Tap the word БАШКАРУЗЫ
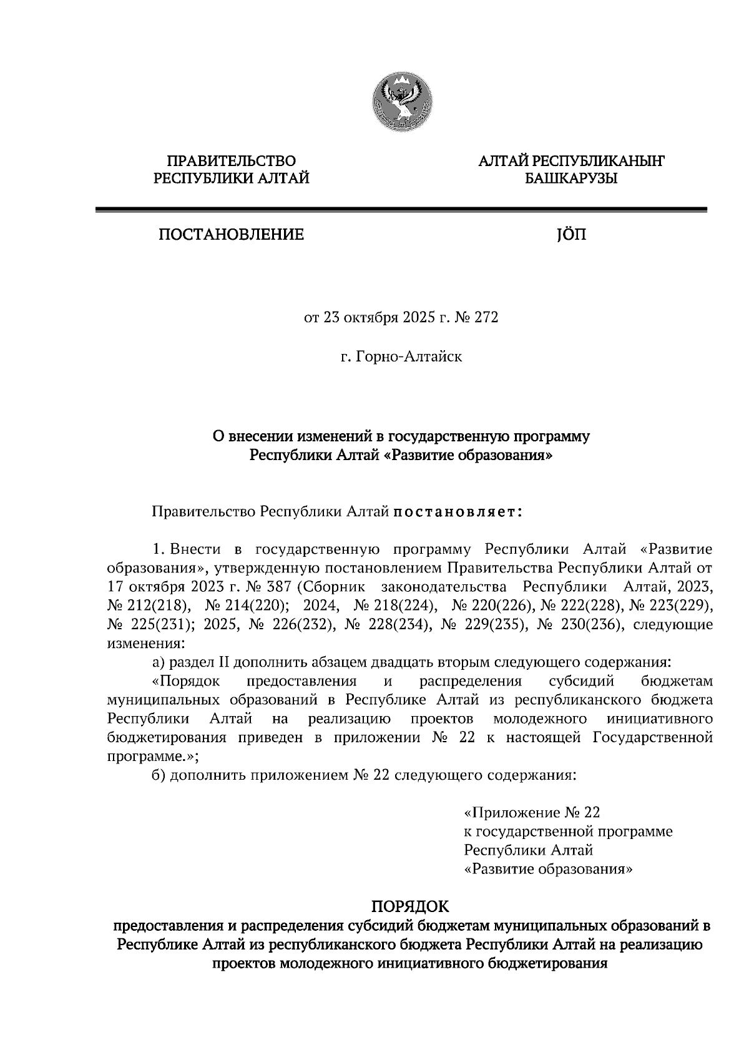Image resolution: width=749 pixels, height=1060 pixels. point(570,180)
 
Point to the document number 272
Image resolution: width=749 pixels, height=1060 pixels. point(487,318)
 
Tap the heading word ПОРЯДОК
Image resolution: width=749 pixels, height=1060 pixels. point(410,905)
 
